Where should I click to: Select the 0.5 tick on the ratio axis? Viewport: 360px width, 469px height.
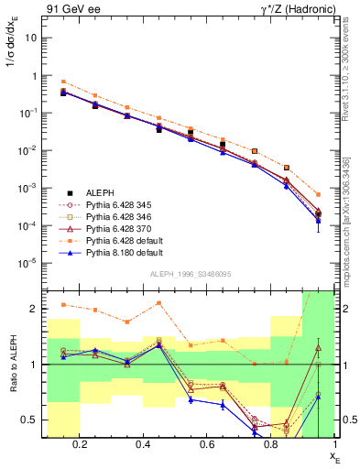(28, 420)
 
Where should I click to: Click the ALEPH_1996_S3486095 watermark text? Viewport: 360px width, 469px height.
(190, 274)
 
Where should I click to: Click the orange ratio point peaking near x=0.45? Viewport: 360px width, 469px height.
(158, 302)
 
